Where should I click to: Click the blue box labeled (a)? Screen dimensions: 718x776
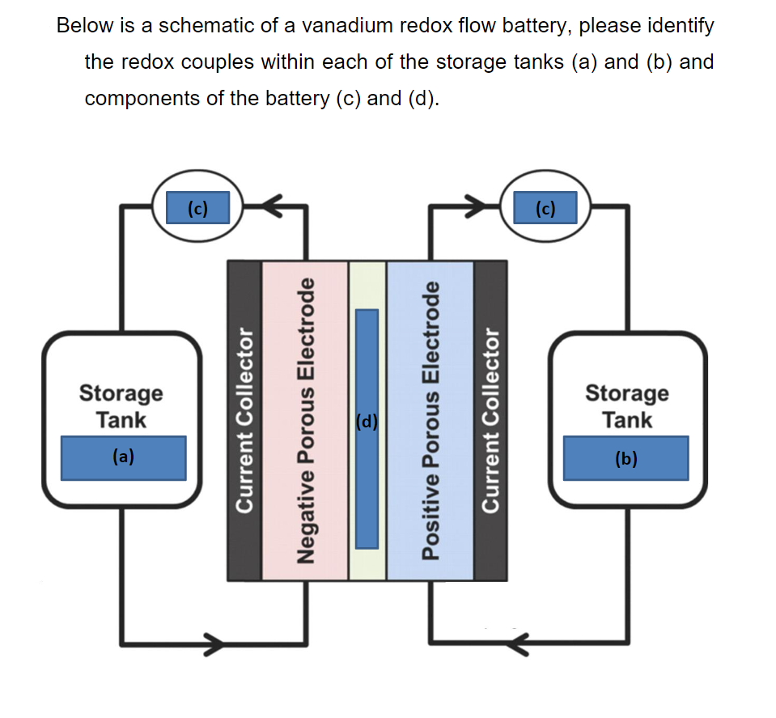(123, 457)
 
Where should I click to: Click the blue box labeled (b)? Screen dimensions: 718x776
(625, 458)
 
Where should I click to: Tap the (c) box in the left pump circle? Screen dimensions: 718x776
(197, 208)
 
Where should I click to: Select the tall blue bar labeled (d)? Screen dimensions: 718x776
(367, 429)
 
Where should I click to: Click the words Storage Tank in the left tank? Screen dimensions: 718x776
(121, 406)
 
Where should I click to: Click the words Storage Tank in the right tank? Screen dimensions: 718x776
(627, 406)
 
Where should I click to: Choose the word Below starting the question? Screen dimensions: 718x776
(84, 26)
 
